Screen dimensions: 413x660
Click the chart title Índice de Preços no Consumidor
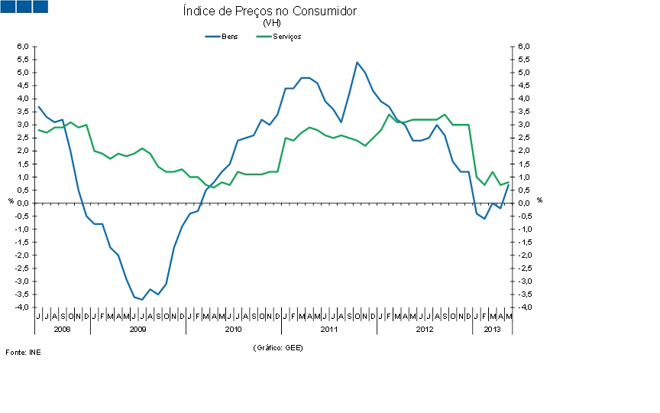click(270, 11)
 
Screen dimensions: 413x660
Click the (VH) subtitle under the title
click(271, 23)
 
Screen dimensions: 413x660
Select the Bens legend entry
click(222, 37)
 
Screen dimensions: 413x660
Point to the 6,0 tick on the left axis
click(23, 47)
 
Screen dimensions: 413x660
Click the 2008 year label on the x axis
click(62, 329)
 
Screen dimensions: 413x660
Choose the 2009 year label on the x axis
click(137, 329)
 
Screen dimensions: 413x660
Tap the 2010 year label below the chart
click(233, 329)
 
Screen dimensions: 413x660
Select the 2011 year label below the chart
click(328, 329)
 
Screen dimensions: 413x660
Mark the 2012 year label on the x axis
click(424, 329)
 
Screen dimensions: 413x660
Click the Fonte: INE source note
click(23, 352)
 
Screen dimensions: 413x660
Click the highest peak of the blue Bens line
click(357, 62)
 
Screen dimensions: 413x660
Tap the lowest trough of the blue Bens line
click(142, 300)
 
